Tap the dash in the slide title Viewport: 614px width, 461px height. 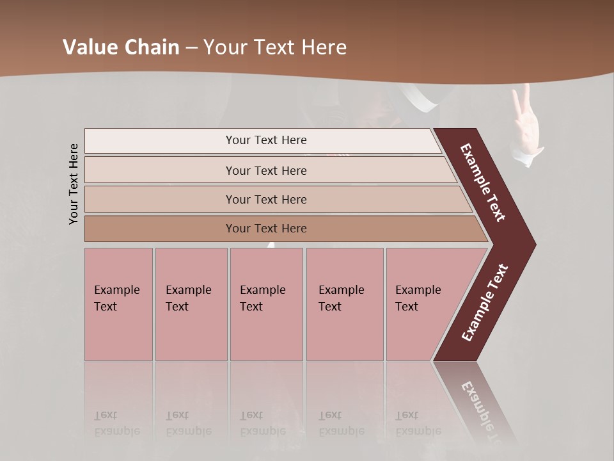click(191, 48)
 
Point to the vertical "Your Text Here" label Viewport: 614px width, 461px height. click(74, 184)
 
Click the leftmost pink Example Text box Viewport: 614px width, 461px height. click(118, 304)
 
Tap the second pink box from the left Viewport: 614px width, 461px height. click(191, 304)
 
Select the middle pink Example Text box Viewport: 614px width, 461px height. click(266, 304)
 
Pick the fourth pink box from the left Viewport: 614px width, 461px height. click(345, 304)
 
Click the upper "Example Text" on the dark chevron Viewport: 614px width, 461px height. click(483, 182)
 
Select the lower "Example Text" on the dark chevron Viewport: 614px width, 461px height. click(485, 302)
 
